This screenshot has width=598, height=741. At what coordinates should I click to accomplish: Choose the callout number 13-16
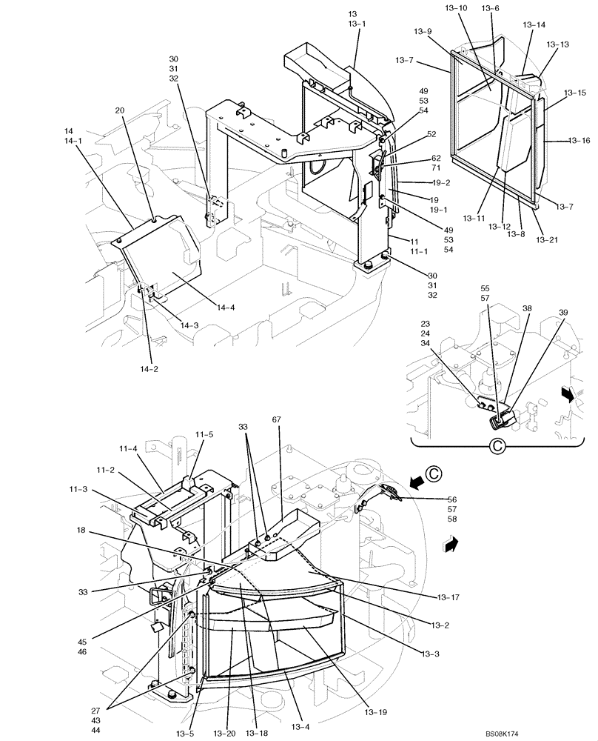pos(579,139)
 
